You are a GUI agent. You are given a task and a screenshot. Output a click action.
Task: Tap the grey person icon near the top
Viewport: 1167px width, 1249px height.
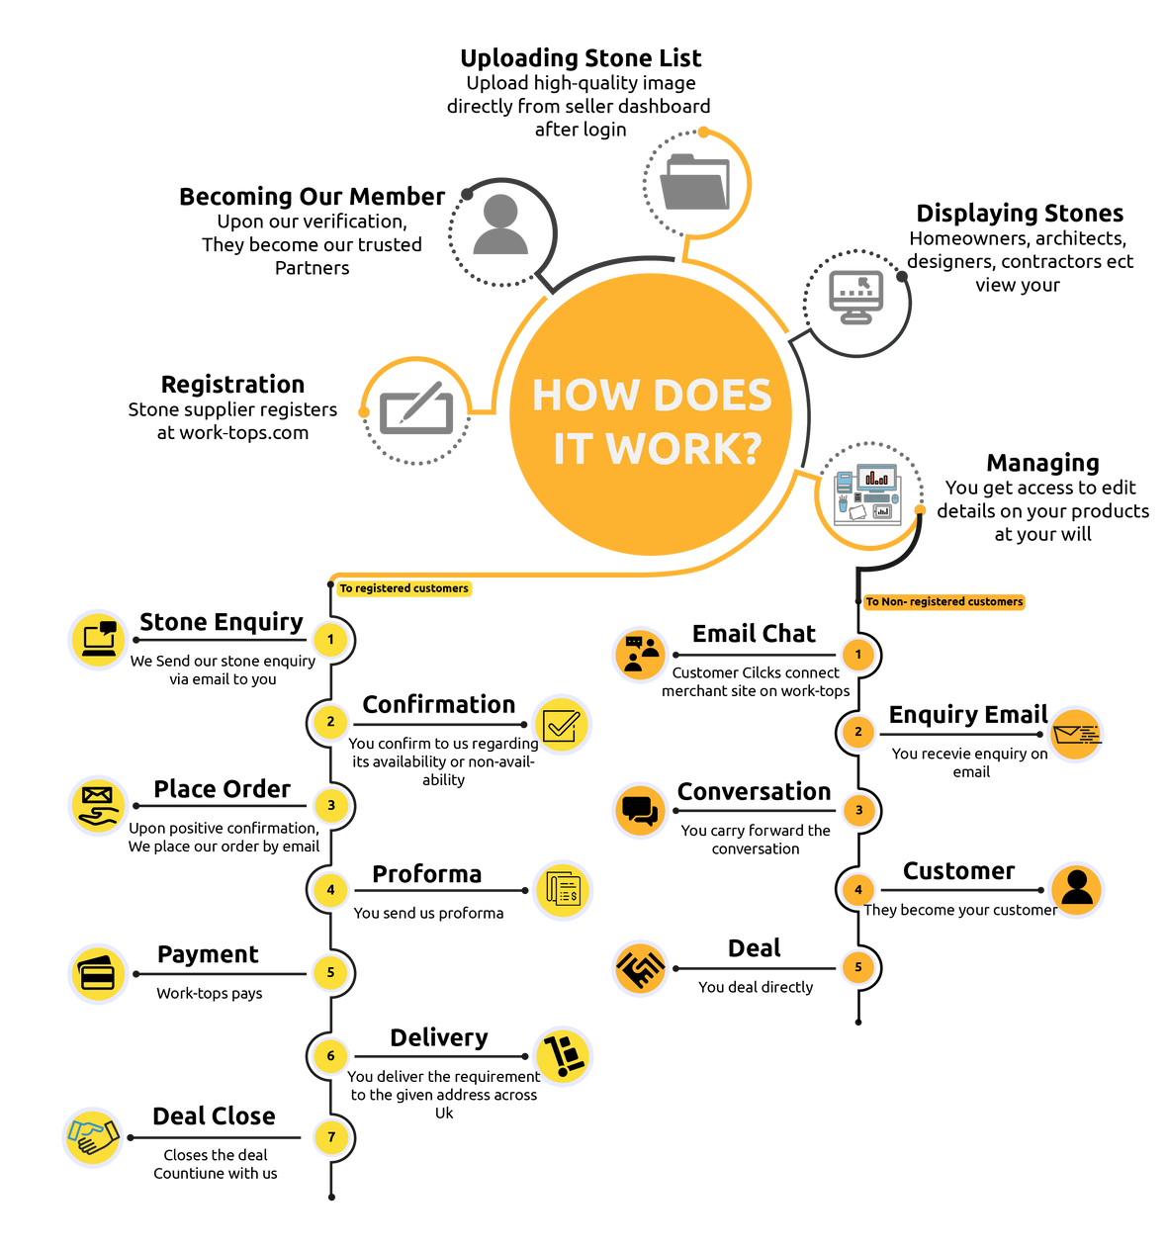pyautogui.click(x=500, y=227)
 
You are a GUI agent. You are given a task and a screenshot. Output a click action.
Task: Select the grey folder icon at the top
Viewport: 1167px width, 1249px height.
pyautogui.click(x=695, y=182)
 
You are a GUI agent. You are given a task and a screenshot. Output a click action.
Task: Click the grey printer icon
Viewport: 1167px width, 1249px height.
pyautogui.click(x=856, y=299)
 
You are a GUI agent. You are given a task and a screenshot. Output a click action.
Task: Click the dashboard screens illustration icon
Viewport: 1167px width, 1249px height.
pyautogui.click(x=868, y=491)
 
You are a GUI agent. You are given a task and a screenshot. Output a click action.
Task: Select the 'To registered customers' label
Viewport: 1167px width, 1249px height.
pyautogui.click(x=404, y=588)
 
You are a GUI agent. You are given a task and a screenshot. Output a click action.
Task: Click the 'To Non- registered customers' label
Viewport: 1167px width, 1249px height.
pyautogui.click(x=943, y=601)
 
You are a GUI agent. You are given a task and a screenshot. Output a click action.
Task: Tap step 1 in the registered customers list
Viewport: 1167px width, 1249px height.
pyautogui.click(x=330, y=640)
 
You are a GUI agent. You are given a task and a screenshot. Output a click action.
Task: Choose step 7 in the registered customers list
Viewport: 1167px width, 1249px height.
pyautogui.click(x=331, y=1137)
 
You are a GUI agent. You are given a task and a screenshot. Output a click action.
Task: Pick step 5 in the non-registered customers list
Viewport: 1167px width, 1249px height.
pyautogui.click(x=858, y=967)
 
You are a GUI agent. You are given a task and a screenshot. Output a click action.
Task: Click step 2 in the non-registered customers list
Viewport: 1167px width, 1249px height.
pyautogui.click(x=858, y=733)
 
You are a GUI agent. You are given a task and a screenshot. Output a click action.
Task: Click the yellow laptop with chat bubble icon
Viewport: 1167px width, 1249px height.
pyautogui.click(x=99, y=640)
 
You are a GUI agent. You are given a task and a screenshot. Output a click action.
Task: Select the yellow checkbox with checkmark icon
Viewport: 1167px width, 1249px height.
pyautogui.click(x=562, y=725)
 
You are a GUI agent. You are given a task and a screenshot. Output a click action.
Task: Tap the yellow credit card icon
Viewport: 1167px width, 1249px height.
pyautogui.click(x=98, y=974)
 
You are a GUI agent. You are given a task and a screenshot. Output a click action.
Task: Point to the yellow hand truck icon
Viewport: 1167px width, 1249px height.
pyautogui.click(x=563, y=1055)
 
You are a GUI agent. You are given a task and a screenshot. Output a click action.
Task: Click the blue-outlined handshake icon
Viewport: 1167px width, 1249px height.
pyautogui.click(x=93, y=1137)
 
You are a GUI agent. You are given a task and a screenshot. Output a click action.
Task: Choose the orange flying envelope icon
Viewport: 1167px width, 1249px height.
pyautogui.click(x=1075, y=734)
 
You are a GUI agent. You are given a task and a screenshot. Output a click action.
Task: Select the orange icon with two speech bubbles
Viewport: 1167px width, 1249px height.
pyautogui.click(x=640, y=811)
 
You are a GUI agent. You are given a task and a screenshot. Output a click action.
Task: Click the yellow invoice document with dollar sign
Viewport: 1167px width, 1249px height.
pyautogui.click(x=563, y=890)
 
